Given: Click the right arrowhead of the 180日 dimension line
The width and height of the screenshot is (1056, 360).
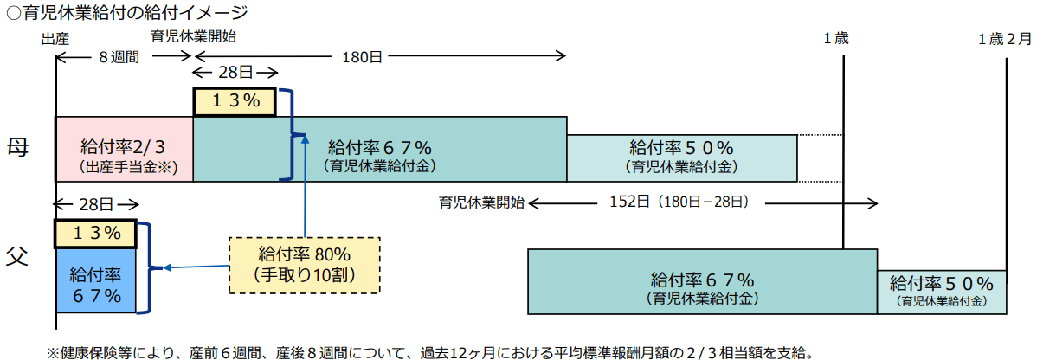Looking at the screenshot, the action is click(564, 56).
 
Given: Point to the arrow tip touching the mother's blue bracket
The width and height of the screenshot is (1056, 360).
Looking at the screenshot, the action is click(305, 136).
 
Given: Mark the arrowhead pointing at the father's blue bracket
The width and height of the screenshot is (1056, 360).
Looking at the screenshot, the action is click(164, 267).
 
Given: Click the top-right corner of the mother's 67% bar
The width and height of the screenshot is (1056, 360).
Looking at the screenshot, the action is click(567, 118).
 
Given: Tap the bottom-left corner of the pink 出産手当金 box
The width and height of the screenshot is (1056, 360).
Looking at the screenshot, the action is click(56, 181).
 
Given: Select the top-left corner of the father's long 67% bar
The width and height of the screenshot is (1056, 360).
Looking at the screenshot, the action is click(528, 250).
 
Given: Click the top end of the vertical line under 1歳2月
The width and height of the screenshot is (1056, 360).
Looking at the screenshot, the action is click(1007, 59).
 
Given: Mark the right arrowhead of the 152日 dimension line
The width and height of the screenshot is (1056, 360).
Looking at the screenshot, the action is click(876, 203).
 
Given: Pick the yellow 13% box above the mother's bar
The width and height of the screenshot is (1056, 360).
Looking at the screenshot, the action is click(235, 101).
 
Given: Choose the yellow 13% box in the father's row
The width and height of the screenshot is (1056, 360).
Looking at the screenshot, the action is click(96, 234).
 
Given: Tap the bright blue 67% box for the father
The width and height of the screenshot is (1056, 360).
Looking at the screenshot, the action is click(96, 280).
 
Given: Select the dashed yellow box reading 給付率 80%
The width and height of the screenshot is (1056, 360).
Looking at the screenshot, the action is click(305, 266).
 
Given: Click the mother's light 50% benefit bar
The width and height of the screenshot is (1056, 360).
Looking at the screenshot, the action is click(682, 157).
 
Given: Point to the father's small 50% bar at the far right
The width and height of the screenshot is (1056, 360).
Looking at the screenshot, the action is click(942, 292).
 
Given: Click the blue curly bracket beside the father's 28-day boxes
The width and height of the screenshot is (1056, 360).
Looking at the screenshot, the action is click(149, 267).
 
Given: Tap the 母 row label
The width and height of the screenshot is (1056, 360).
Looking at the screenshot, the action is click(17, 147).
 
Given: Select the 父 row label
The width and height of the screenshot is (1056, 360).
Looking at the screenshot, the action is click(17, 256).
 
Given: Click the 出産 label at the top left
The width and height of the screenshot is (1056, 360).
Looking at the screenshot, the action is click(55, 39).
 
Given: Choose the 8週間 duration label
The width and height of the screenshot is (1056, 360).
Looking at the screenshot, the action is click(119, 57).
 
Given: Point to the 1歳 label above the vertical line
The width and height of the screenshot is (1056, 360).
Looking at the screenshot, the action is click(836, 38).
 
